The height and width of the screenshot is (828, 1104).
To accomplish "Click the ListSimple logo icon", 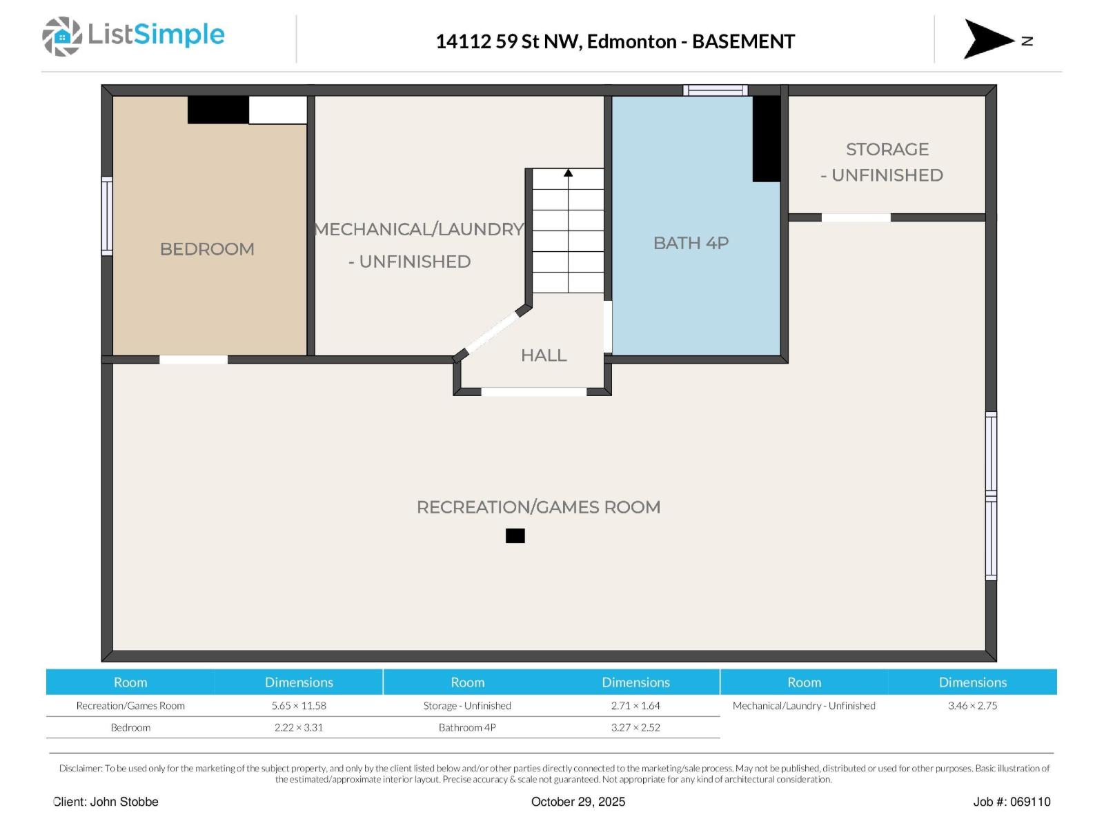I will (62, 36).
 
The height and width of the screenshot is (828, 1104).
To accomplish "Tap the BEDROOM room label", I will (207, 249).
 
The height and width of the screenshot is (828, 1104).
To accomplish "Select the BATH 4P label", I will (691, 243).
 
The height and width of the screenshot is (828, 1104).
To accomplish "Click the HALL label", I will (544, 355).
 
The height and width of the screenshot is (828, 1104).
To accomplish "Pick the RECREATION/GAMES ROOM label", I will (538, 507).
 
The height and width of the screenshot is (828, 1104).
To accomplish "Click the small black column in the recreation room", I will (515, 536).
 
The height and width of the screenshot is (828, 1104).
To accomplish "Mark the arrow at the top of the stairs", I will (568, 172).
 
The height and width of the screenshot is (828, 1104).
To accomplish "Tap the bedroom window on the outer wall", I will (107, 216).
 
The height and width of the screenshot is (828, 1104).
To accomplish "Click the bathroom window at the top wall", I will (716, 90).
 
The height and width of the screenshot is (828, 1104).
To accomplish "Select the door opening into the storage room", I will (856, 217).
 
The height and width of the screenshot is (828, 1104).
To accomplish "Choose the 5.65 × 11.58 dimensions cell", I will (299, 706).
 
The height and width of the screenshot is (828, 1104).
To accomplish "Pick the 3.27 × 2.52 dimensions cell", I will (635, 727).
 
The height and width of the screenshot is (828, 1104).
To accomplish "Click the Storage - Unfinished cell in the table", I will (467, 706).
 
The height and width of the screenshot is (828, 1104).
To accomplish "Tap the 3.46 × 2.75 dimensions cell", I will (972, 706).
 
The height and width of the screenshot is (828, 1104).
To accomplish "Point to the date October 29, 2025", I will (578, 802).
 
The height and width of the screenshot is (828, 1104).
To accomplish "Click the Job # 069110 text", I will (1012, 802).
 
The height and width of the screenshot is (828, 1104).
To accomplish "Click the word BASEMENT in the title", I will (743, 41).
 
